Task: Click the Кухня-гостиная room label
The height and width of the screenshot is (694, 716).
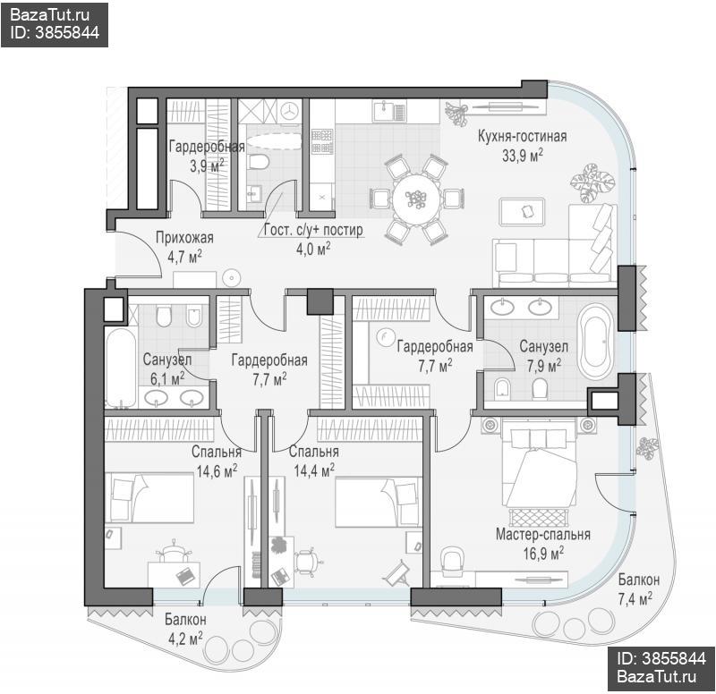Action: (x=522, y=137)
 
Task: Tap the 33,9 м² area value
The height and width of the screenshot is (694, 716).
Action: (x=523, y=156)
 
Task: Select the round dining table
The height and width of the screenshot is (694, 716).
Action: (x=417, y=199)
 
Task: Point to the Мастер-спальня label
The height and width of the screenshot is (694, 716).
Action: (x=543, y=534)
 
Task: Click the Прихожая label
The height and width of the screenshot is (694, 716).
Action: (x=184, y=238)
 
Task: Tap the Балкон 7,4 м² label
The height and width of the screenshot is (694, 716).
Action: (x=638, y=589)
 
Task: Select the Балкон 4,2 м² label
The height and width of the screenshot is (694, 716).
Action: (x=185, y=630)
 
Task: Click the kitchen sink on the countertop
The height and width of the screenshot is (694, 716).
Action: (x=389, y=111)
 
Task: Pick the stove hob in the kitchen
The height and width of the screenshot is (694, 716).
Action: (x=322, y=140)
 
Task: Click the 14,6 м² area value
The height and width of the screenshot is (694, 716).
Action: (x=217, y=470)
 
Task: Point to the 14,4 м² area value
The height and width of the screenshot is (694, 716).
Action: (x=314, y=470)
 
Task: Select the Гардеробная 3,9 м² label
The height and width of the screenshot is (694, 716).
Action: (x=207, y=156)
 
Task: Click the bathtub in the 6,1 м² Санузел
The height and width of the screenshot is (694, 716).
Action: (x=120, y=367)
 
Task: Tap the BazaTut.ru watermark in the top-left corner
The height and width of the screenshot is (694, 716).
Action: (x=49, y=15)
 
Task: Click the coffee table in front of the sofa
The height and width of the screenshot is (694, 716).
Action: (x=523, y=212)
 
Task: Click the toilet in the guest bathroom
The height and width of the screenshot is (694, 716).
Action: (x=259, y=163)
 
